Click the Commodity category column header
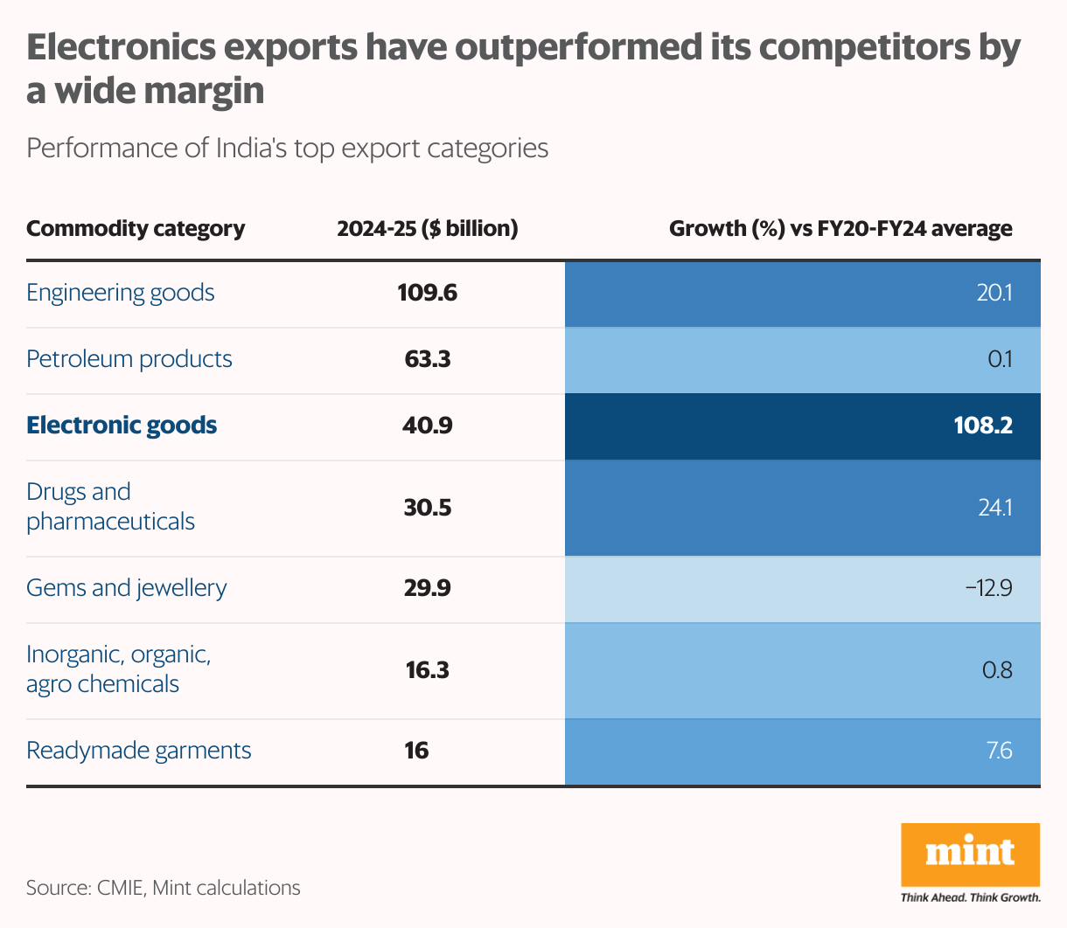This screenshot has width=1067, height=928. (136, 229)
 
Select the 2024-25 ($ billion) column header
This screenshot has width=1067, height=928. (428, 229)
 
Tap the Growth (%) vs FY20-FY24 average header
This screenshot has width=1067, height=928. (840, 229)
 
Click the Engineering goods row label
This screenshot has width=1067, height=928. (121, 293)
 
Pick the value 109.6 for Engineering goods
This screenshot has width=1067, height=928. (428, 293)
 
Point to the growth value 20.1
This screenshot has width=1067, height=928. (994, 293)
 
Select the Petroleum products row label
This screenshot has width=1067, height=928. (129, 359)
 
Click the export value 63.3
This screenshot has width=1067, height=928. (428, 359)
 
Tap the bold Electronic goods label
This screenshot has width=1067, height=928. (122, 426)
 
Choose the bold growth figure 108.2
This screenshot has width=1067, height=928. (983, 426)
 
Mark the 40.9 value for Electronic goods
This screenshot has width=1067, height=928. (428, 426)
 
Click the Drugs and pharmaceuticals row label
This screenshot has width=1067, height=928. (110, 507)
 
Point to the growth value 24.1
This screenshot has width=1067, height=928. (994, 508)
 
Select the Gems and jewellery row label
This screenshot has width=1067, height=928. (127, 588)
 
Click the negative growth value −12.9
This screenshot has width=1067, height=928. (988, 588)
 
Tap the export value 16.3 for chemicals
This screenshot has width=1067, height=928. (428, 670)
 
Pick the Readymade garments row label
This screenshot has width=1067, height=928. (139, 751)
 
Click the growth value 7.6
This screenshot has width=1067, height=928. (999, 751)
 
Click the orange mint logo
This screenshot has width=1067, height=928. (970, 854)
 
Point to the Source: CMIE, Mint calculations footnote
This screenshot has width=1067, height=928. (164, 888)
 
